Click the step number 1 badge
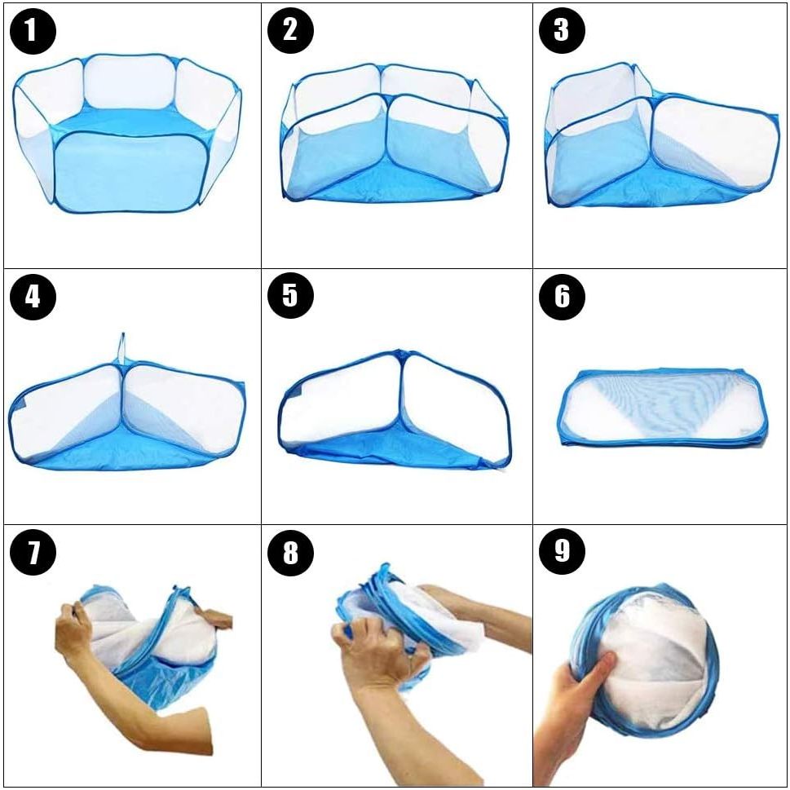coord(33,31)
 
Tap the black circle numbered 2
coord(291,31)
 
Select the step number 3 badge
coord(563,31)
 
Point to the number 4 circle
coord(33,297)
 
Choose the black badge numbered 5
coord(291,297)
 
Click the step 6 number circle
coord(563,297)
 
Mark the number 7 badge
coord(33,553)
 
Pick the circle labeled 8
coord(291,553)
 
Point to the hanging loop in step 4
coord(121,347)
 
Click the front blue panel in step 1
coord(131,171)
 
